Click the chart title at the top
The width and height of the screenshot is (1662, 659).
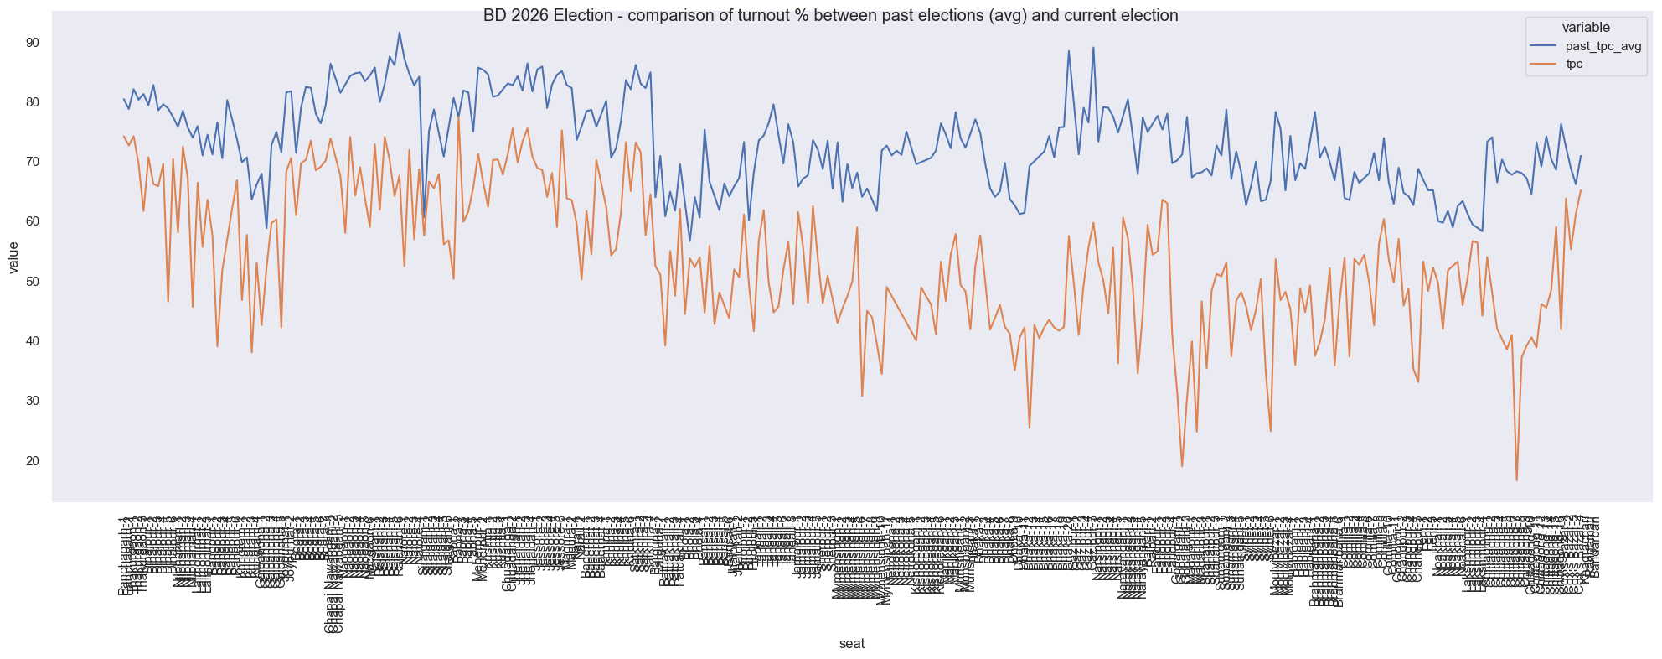pos(830,16)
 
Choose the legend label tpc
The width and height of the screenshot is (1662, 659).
pos(1575,64)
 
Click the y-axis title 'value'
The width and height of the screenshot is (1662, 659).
pos(14,257)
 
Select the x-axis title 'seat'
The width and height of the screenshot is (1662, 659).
pos(852,644)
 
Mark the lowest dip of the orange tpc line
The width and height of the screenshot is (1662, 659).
pos(1516,480)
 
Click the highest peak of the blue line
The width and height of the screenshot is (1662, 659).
pos(400,33)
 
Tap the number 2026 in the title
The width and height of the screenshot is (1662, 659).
pos(523,16)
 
